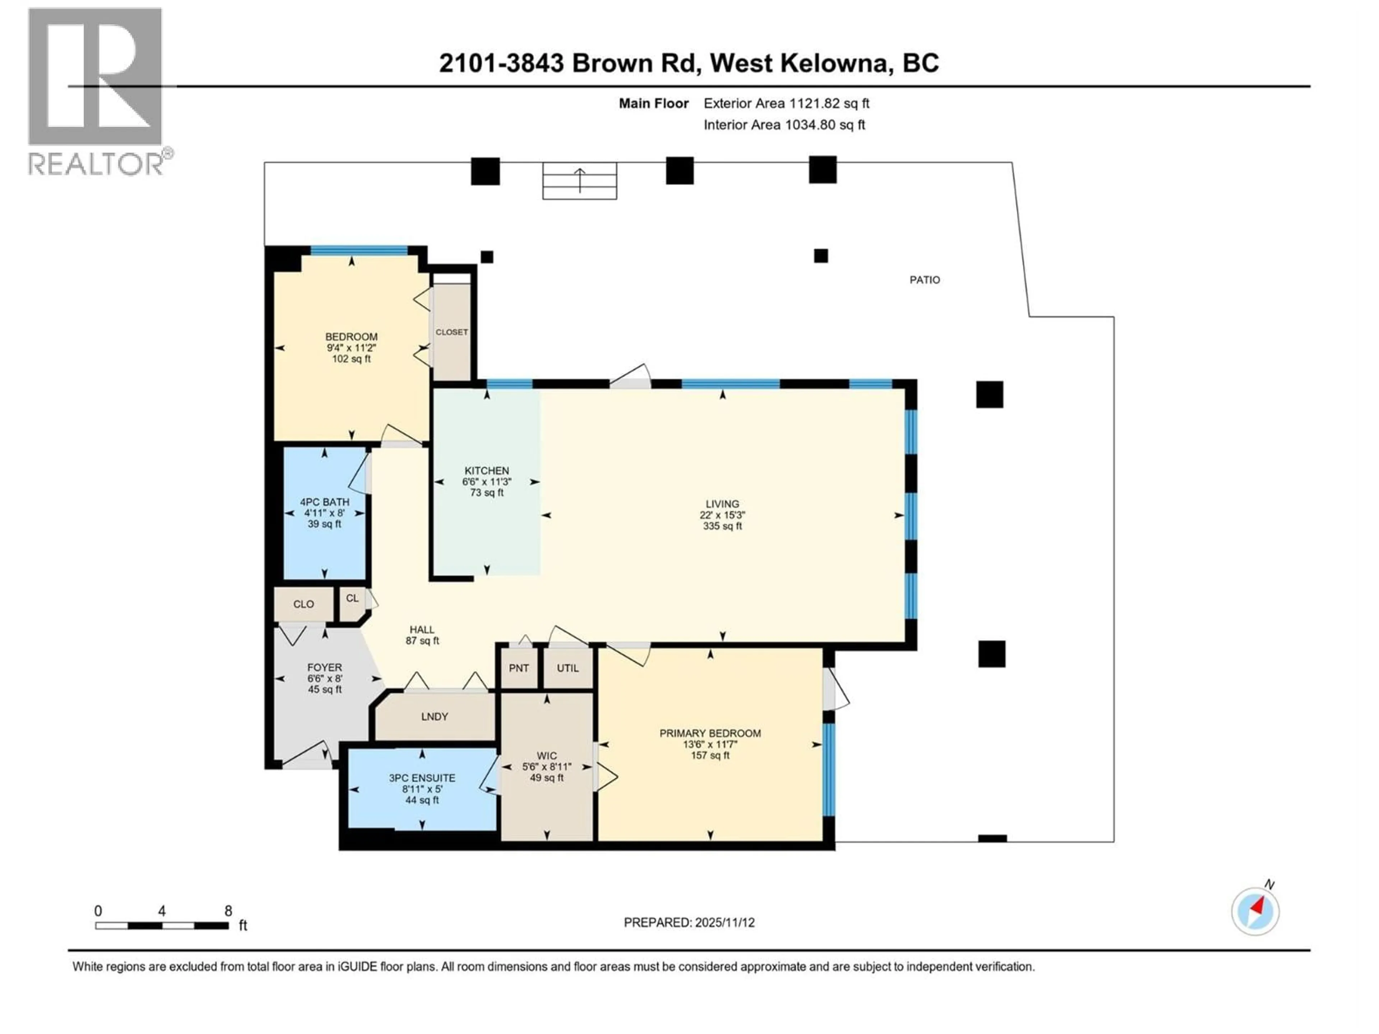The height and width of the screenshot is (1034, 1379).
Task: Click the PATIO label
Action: point(924,280)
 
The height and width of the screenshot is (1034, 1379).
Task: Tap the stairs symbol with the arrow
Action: point(579,181)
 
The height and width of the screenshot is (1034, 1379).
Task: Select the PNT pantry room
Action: point(519,668)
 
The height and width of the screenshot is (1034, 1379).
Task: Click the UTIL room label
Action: point(567,668)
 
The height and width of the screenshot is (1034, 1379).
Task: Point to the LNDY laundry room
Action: point(435,717)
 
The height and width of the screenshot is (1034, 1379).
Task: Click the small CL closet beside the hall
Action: point(352,598)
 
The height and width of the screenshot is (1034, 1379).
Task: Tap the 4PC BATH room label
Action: point(324,502)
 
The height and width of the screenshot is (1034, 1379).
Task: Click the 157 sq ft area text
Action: point(710,755)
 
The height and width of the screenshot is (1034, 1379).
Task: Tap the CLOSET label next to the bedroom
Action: point(451,332)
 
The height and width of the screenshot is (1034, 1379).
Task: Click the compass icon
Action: point(1255,911)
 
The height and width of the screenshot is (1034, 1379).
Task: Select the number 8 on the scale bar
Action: point(228,910)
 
